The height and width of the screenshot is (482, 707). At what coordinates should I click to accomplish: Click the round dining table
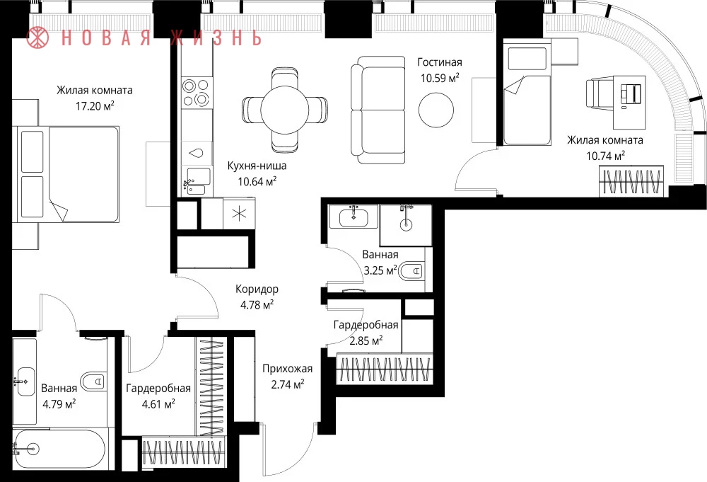(284, 110)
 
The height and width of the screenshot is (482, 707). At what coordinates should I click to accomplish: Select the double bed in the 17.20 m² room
(68, 174)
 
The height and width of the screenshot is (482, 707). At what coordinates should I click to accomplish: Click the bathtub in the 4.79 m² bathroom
(59, 449)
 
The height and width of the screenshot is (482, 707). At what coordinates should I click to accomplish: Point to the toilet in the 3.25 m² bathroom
(411, 271)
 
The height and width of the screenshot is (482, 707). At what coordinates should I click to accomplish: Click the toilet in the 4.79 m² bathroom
(94, 381)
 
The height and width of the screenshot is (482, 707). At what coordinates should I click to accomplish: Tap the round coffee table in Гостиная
(436, 110)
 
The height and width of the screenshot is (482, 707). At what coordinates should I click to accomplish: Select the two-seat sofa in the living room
(378, 110)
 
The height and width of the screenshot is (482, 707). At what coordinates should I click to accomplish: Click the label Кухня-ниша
(257, 166)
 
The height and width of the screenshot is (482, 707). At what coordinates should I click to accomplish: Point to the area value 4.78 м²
(257, 304)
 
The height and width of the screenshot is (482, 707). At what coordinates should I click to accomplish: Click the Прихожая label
(287, 369)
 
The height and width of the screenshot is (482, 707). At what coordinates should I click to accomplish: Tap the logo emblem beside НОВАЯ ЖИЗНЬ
(37, 37)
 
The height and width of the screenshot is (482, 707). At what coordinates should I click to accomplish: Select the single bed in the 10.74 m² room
(527, 94)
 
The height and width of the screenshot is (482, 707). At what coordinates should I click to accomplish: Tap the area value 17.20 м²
(95, 106)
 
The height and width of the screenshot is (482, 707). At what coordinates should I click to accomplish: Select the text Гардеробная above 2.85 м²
(366, 325)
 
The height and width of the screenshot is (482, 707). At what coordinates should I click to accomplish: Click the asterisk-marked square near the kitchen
(239, 214)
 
